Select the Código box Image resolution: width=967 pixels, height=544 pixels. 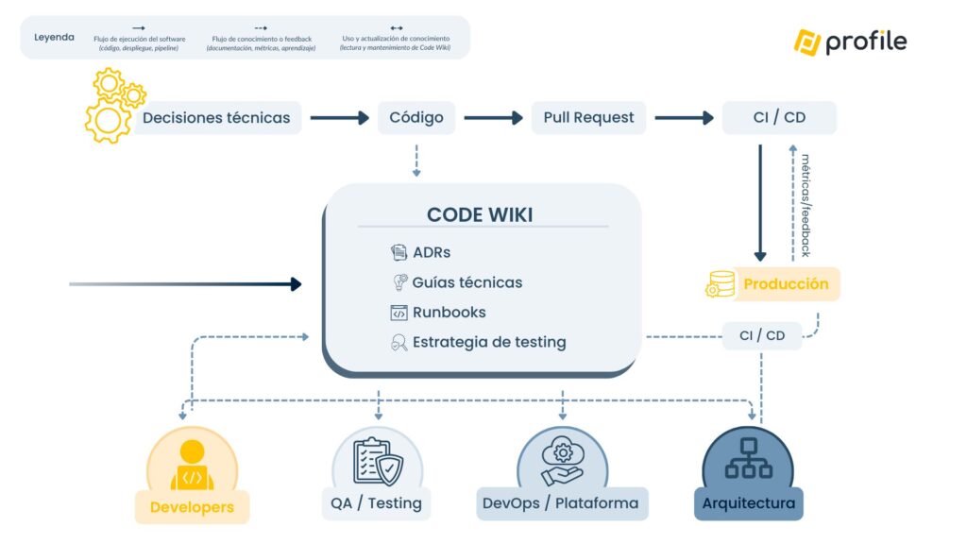point(416,118)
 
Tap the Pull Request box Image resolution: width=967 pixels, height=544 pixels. point(588,118)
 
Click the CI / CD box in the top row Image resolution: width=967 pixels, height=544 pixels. point(779,118)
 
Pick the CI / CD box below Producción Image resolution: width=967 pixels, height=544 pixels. point(762,335)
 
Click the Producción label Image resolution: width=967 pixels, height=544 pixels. point(786,284)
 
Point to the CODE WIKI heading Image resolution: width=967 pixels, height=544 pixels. point(480,214)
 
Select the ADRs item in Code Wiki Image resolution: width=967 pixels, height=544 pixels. point(432,252)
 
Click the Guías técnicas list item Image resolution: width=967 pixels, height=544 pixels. point(467,282)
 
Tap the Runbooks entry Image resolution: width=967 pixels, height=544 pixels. point(449,313)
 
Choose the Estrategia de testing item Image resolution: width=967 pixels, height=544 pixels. point(488,342)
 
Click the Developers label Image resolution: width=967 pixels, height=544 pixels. point(192,507)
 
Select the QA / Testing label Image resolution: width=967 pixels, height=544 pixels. point(376,502)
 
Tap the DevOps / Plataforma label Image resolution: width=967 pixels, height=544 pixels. point(560,502)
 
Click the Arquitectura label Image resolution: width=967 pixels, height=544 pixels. point(748,502)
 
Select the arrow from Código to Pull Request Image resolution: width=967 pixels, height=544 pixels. point(493,118)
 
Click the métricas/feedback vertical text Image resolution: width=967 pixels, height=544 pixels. point(806,202)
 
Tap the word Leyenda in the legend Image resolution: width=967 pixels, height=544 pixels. point(54,38)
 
